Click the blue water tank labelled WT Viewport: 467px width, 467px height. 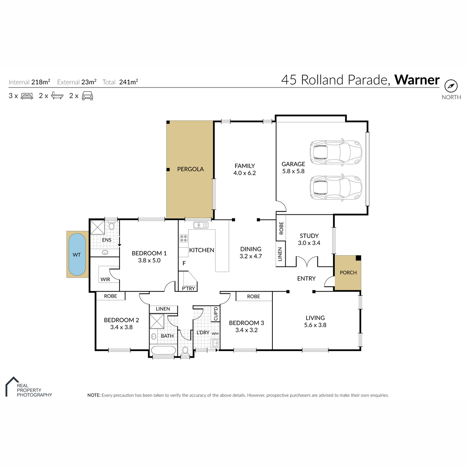click(77, 255)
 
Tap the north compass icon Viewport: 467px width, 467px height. click(451, 86)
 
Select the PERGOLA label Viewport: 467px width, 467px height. click(190, 169)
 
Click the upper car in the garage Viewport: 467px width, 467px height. click(335, 153)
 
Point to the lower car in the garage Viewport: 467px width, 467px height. click(335, 187)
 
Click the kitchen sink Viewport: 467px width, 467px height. click(201, 225)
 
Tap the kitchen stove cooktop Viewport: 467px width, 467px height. click(183, 238)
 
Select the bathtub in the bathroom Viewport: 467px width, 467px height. click(163, 351)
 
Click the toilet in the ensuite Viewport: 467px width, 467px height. click(111, 226)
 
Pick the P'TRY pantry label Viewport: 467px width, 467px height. click(188, 288)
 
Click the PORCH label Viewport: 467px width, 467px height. click(348, 273)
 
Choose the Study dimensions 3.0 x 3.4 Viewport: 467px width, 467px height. click(309, 243)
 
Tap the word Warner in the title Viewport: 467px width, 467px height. click(417, 80)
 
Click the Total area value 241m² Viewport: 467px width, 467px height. click(128, 82)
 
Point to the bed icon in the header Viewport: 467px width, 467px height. click(27, 96)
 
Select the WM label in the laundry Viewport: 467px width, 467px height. click(215, 334)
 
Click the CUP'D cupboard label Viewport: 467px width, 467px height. click(216, 314)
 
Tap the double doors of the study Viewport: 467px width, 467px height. click(307, 262)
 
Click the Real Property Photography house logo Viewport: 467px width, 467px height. click(12, 386)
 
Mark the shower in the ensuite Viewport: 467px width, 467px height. click(97, 227)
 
